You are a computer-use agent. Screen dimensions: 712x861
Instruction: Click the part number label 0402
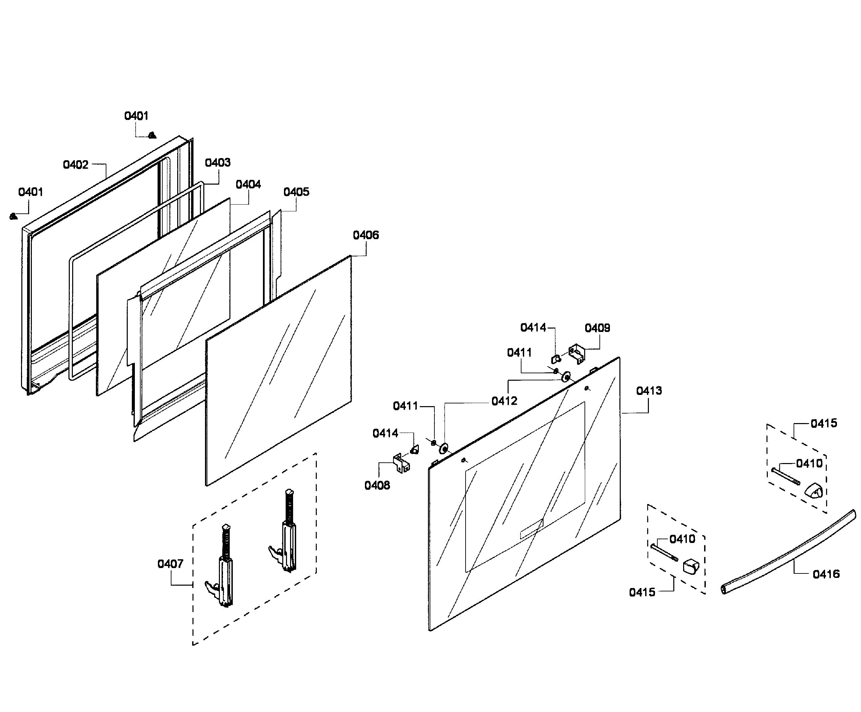click(76, 165)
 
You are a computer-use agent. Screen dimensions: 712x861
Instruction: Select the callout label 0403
click(218, 163)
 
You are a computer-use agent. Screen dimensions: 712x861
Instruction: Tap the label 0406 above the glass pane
click(366, 235)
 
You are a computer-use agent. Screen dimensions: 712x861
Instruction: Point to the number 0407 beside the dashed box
click(170, 564)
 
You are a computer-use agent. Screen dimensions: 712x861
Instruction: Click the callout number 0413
click(649, 391)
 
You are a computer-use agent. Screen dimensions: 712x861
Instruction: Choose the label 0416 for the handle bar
click(826, 574)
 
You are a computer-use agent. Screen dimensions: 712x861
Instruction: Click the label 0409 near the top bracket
click(597, 328)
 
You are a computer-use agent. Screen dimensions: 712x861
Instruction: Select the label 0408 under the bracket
click(377, 485)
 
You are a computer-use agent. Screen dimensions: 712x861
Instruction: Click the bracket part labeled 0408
click(402, 463)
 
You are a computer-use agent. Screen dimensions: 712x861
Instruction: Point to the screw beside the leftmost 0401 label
click(13, 216)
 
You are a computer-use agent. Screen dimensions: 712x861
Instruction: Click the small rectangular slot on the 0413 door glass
click(532, 529)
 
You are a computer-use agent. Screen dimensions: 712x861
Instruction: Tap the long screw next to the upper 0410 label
click(785, 477)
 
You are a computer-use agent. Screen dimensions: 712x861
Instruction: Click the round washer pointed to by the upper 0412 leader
click(567, 376)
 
